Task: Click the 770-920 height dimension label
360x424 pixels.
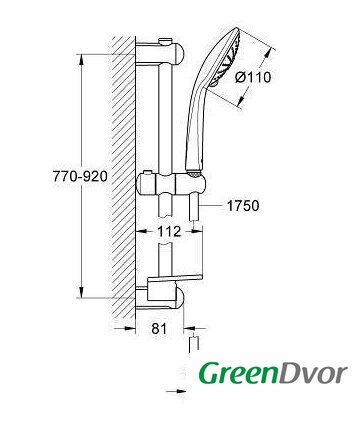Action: [x=80, y=176]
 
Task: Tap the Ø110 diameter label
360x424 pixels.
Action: [x=253, y=77]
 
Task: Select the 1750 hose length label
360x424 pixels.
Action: [x=243, y=206]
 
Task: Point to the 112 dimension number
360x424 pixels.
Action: [x=169, y=231]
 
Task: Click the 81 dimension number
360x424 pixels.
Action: [x=159, y=329]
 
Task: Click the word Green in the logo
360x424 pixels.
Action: [x=238, y=373]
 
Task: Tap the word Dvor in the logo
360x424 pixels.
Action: [x=312, y=373]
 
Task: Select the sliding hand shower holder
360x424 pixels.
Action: [x=171, y=184]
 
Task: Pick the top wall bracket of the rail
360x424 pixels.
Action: [x=160, y=53]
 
